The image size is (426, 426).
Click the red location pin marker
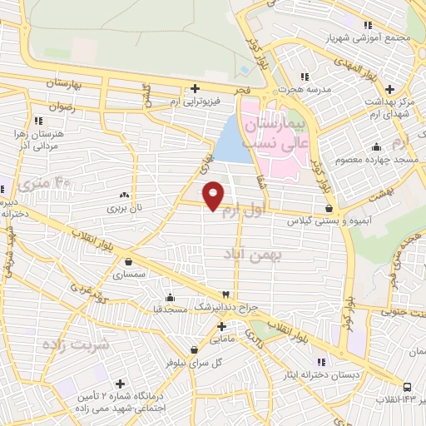(x=214, y=196)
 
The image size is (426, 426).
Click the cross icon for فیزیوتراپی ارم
(x=195, y=88)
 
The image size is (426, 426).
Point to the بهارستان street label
(x=44, y=84)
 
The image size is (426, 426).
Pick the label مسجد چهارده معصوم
(x=363, y=159)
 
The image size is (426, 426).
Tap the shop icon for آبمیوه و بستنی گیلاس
(x=330, y=208)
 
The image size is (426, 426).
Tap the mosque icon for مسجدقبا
(x=171, y=297)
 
